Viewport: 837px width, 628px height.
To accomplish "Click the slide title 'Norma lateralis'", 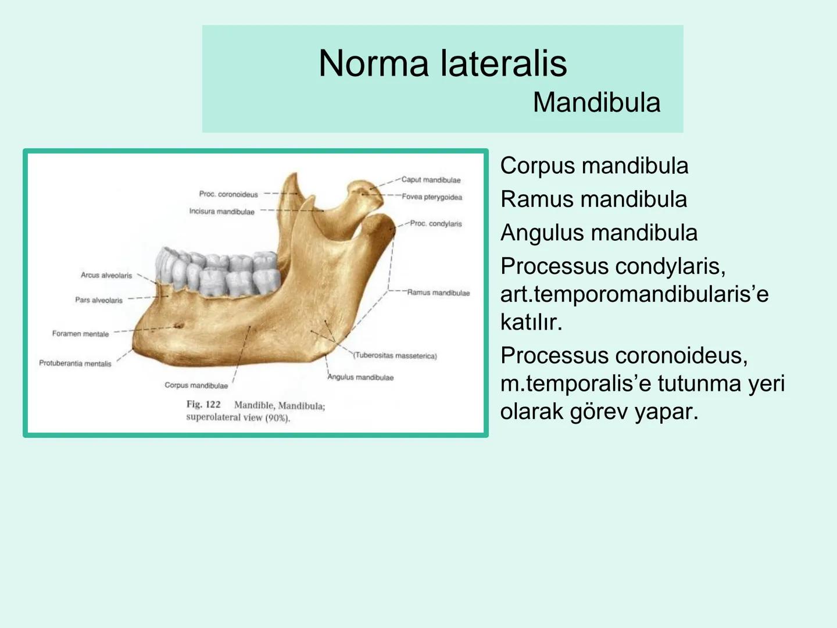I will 442,63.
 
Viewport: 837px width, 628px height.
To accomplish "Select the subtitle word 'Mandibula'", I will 596,103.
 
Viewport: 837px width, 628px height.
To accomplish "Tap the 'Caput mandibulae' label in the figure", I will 431,180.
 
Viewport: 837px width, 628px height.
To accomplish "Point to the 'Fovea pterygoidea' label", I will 432,197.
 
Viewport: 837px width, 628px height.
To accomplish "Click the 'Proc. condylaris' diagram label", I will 436,223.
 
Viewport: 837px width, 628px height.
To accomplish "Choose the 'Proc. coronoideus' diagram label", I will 228,194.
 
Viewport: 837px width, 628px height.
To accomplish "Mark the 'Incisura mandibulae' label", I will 221,212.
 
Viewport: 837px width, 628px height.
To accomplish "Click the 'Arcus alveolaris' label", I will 106,275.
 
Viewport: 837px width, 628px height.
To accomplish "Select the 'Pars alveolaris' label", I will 99,300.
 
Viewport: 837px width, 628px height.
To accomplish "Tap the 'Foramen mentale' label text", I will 80,334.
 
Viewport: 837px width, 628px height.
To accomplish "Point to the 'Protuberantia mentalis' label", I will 75,363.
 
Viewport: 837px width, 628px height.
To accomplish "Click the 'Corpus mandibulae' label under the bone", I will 196,385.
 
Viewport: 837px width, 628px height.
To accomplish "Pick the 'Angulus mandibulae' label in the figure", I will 360,377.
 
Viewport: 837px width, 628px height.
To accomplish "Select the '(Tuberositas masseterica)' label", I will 395,355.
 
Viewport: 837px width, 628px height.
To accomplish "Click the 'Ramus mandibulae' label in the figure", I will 438,292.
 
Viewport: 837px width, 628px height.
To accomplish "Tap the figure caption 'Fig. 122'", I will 203,404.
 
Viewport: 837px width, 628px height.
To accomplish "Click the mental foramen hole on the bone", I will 178,326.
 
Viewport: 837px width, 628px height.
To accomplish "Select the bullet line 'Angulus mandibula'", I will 599,233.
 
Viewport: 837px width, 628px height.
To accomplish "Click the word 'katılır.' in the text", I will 531,322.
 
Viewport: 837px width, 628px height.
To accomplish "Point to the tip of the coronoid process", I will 295,174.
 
